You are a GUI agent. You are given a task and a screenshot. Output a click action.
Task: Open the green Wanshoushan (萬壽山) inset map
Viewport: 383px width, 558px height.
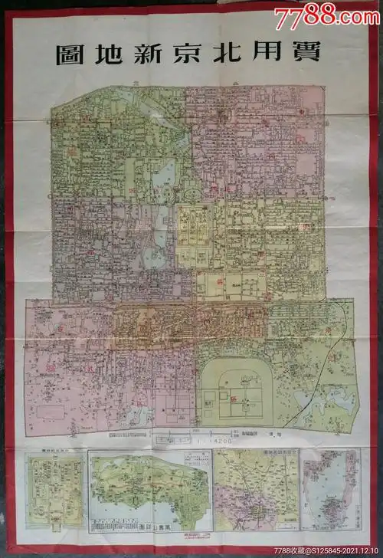pyautogui.click(x=149, y=491)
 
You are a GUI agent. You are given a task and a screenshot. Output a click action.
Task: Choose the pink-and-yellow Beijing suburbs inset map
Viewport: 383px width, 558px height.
pyautogui.click(x=254, y=491)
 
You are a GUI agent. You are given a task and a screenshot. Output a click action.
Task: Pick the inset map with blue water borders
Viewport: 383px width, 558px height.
pyautogui.click(x=330, y=491)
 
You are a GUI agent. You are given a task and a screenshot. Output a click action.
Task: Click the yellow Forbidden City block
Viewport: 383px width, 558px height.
pyautogui.click(x=198, y=230)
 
